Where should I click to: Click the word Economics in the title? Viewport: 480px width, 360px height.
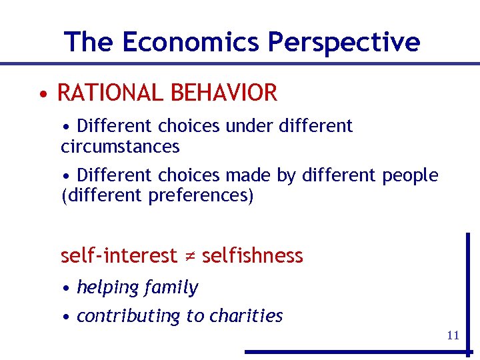[191, 42]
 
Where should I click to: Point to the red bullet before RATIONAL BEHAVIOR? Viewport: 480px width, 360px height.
[43, 93]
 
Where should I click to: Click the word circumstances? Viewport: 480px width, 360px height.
[120, 146]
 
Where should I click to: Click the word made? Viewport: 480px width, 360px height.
[247, 175]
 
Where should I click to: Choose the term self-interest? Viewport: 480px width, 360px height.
[119, 255]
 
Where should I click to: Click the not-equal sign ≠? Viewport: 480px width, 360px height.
[189, 256]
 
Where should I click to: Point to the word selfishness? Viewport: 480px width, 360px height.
[252, 255]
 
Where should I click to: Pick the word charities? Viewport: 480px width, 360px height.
[246, 315]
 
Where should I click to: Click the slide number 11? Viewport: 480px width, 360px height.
[453, 335]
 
